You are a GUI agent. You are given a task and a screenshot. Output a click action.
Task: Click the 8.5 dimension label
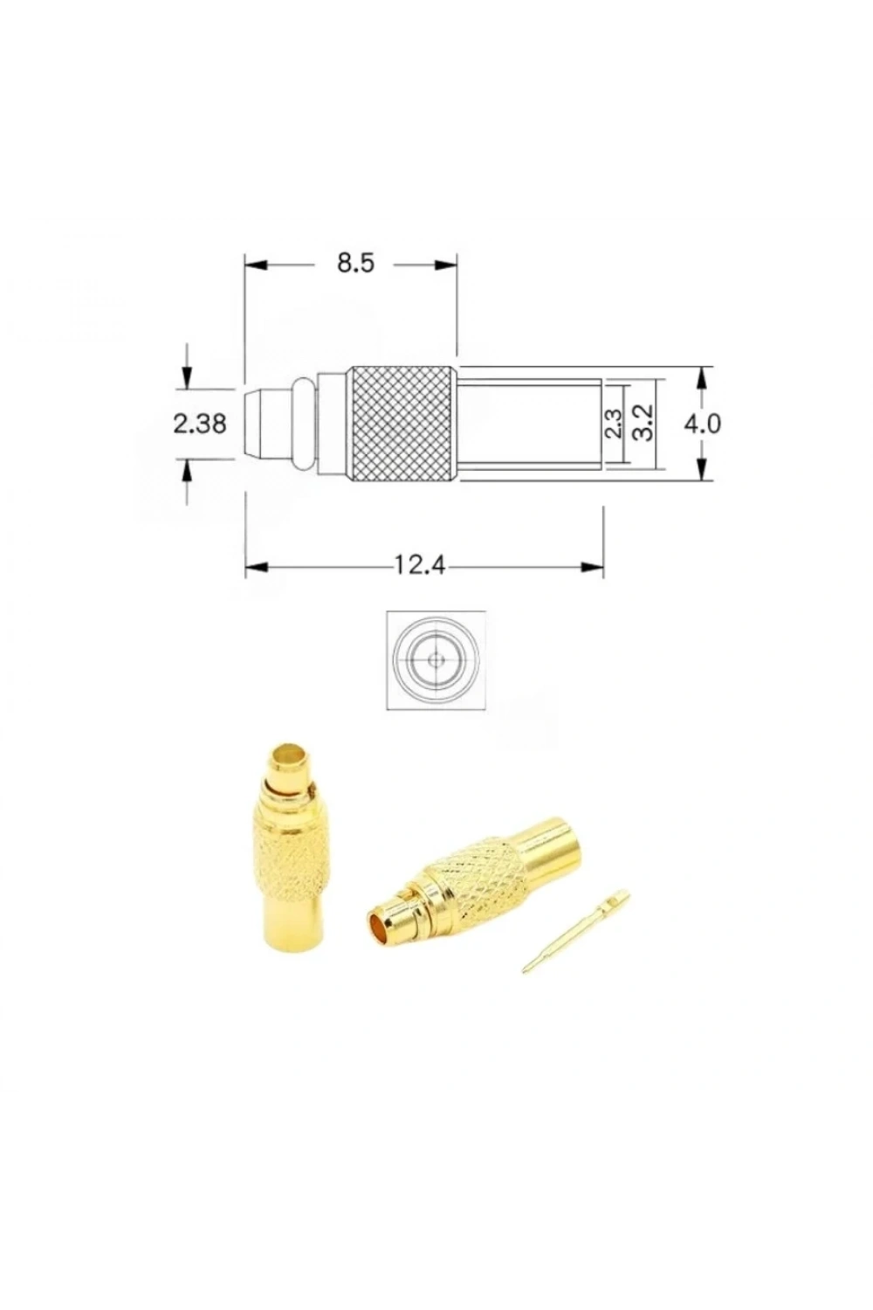pos(355,264)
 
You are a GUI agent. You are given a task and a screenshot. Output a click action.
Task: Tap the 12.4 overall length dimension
pos(419,566)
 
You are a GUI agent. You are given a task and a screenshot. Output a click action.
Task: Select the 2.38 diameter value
pos(200,424)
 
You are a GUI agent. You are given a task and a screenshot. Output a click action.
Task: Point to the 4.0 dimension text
pos(703,424)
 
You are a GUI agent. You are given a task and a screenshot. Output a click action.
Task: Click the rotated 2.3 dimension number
pos(612,423)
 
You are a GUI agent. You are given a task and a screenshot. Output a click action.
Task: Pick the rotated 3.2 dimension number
pos(642,423)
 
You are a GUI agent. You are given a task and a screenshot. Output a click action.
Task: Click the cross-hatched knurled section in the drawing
pos(402,424)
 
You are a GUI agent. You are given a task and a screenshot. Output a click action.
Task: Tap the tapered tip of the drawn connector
pos(253,424)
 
